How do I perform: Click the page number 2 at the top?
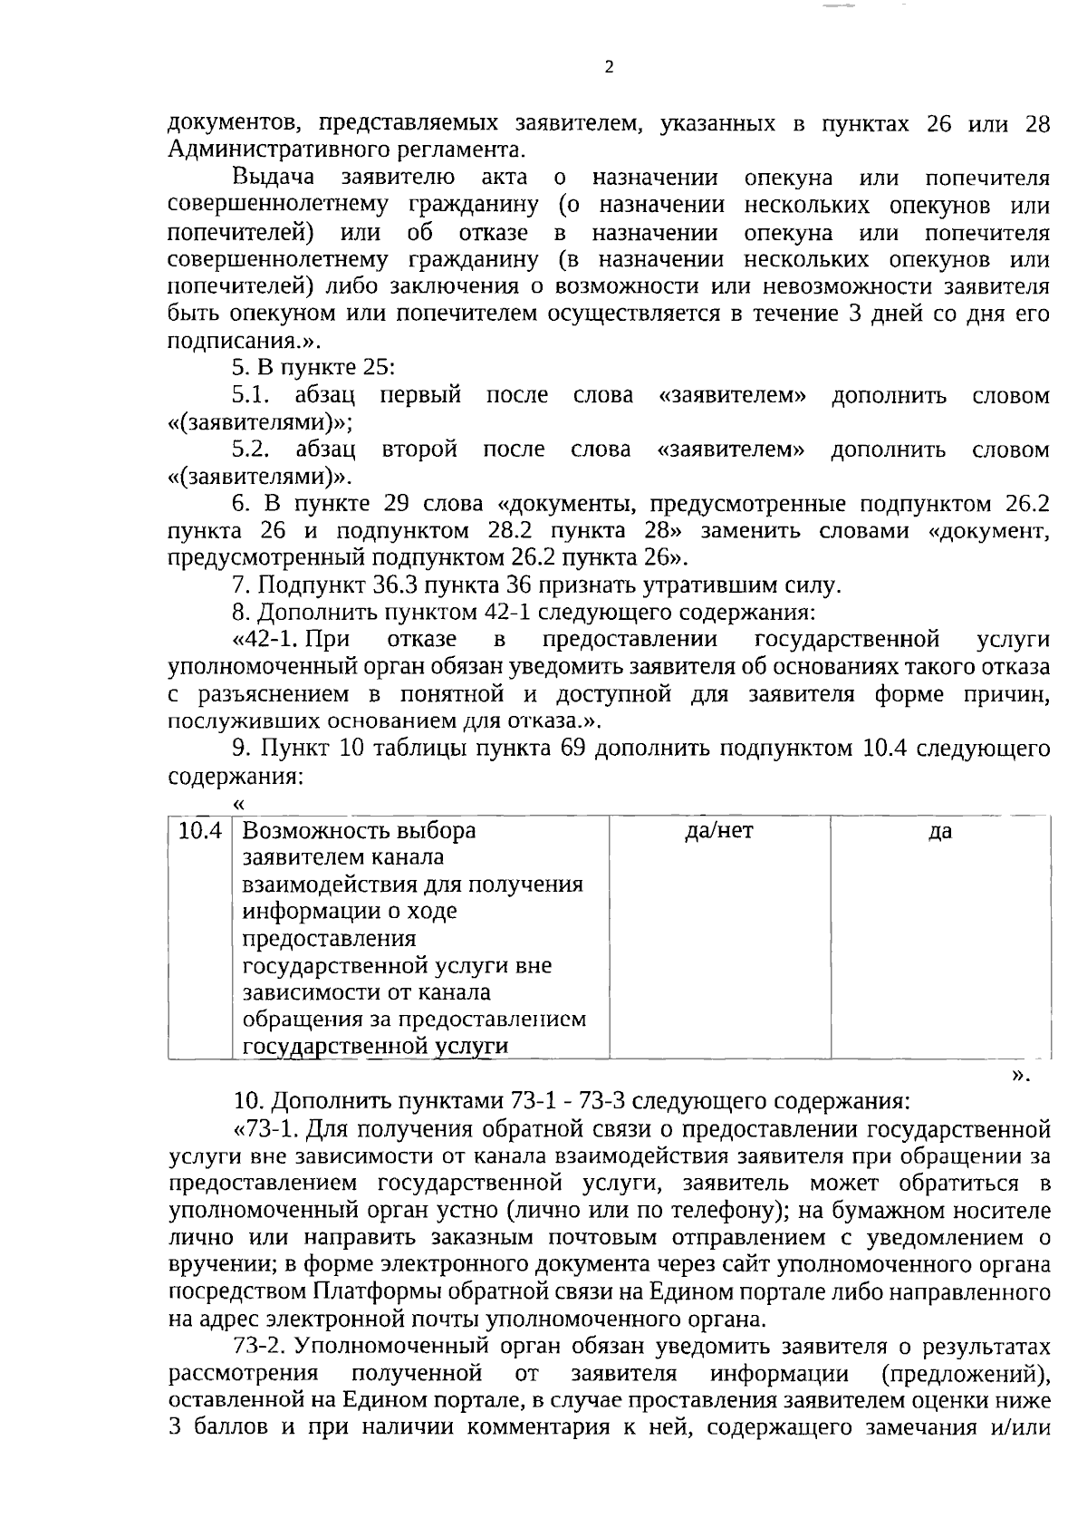[609, 67]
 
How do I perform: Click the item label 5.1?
[251, 395]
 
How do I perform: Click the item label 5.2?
[251, 449]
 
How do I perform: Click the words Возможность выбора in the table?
[359, 831]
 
